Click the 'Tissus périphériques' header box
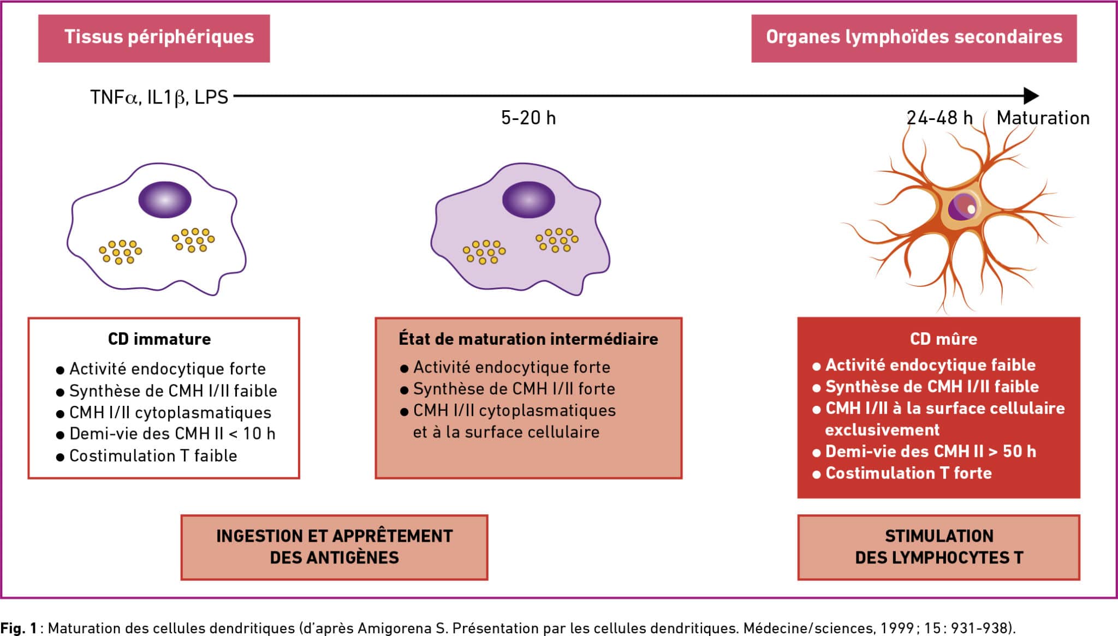pyautogui.click(x=154, y=38)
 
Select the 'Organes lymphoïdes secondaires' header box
pyautogui.click(x=914, y=38)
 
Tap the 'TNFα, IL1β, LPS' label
pyautogui.click(x=159, y=97)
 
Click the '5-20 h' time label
pyautogui.click(x=528, y=118)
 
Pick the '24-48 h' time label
pyautogui.click(x=939, y=118)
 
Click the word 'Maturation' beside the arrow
pyautogui.click(x=1043, y=118)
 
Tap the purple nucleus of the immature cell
pyautogui.click(x=165, y=200)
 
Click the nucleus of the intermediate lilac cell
pyautogui.click(x=528, y=200)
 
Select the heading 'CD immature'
pyautogui.click(x=159, y=339)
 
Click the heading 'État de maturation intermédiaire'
pyautogui.click(x=528, y=339)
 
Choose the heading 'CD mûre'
pyautogui.click(x=943, y=339)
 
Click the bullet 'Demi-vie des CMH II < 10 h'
pyautogui.click(x=166, y=434)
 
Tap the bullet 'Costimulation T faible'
pyautogui.click(x=147, y=455)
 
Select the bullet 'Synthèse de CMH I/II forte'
pyautogui.click(x=508, y=389)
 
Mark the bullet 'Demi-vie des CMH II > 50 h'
pyautogui.click(x=924, y=452)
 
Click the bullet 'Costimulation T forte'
pyautogui.click(x=902, y=473)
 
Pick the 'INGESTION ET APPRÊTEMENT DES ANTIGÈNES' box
pyautogui.click(x=334, y=547)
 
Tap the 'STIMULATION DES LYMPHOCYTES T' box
pyautogui.click(x=939, y=547)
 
